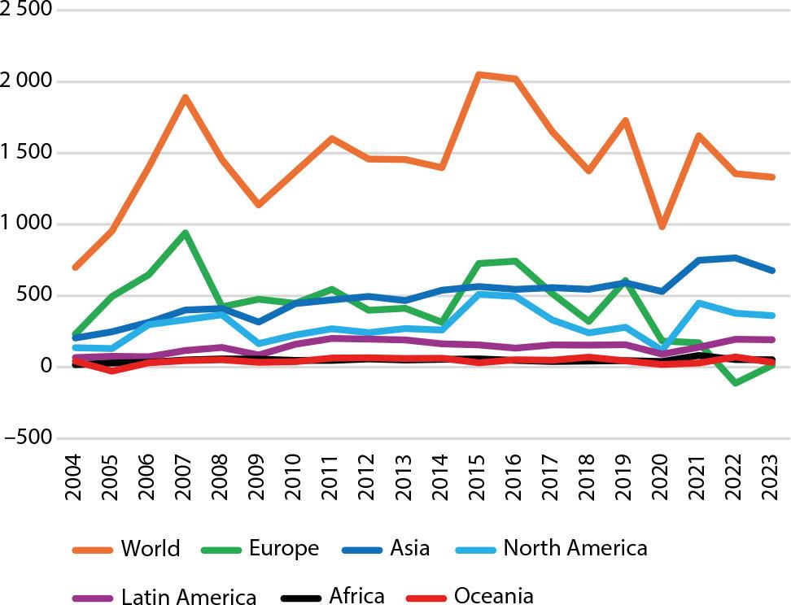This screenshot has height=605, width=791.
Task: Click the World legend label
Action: click(x=151, y=548)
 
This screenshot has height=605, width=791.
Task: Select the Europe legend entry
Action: click(x=285, y=548)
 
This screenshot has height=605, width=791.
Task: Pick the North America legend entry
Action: click(x=575, y=548)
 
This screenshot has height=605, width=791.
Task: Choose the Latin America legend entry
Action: click(x=189, y=596)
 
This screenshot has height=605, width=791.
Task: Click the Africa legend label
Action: click(x=356, y=595)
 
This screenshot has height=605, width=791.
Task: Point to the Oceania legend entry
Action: click(x=493, y=595)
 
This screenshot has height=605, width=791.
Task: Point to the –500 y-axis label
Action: click(x=27, y=438)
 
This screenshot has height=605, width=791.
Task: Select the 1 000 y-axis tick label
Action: click(x=27, y=224)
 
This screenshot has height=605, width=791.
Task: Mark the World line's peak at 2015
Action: click(x=479, y=75)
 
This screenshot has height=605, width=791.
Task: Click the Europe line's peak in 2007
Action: click(x=186, y=233)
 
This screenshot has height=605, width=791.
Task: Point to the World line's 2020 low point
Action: click(x=662, y=226)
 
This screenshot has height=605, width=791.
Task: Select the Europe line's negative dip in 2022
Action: click(x=736, y=382)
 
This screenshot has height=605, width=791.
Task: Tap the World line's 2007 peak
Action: click(x=186, y=98)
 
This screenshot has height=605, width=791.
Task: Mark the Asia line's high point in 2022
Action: click(x=736, y=258)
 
